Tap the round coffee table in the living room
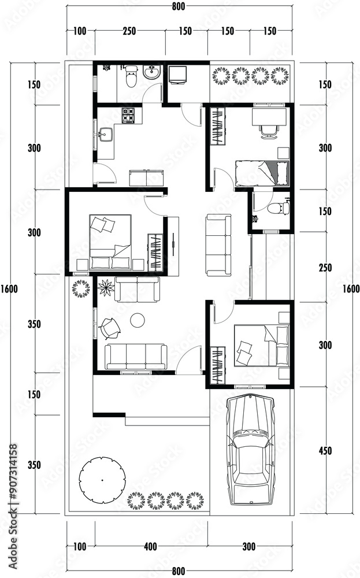pos(138,320)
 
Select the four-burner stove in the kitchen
pos(128,115)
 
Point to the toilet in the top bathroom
pos(131,76)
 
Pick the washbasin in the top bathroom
pos(152,72)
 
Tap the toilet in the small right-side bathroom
pos(279,208)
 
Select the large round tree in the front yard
pos(102,480)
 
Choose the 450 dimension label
pos(325,450)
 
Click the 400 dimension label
pos(150,546)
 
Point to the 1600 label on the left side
pos(9,288)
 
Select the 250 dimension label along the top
pos(129,31)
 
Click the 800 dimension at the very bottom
pos(179,572)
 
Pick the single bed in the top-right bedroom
pos(262,173)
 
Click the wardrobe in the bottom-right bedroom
pos(217,365)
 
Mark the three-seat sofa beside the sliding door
pos(218,245)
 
